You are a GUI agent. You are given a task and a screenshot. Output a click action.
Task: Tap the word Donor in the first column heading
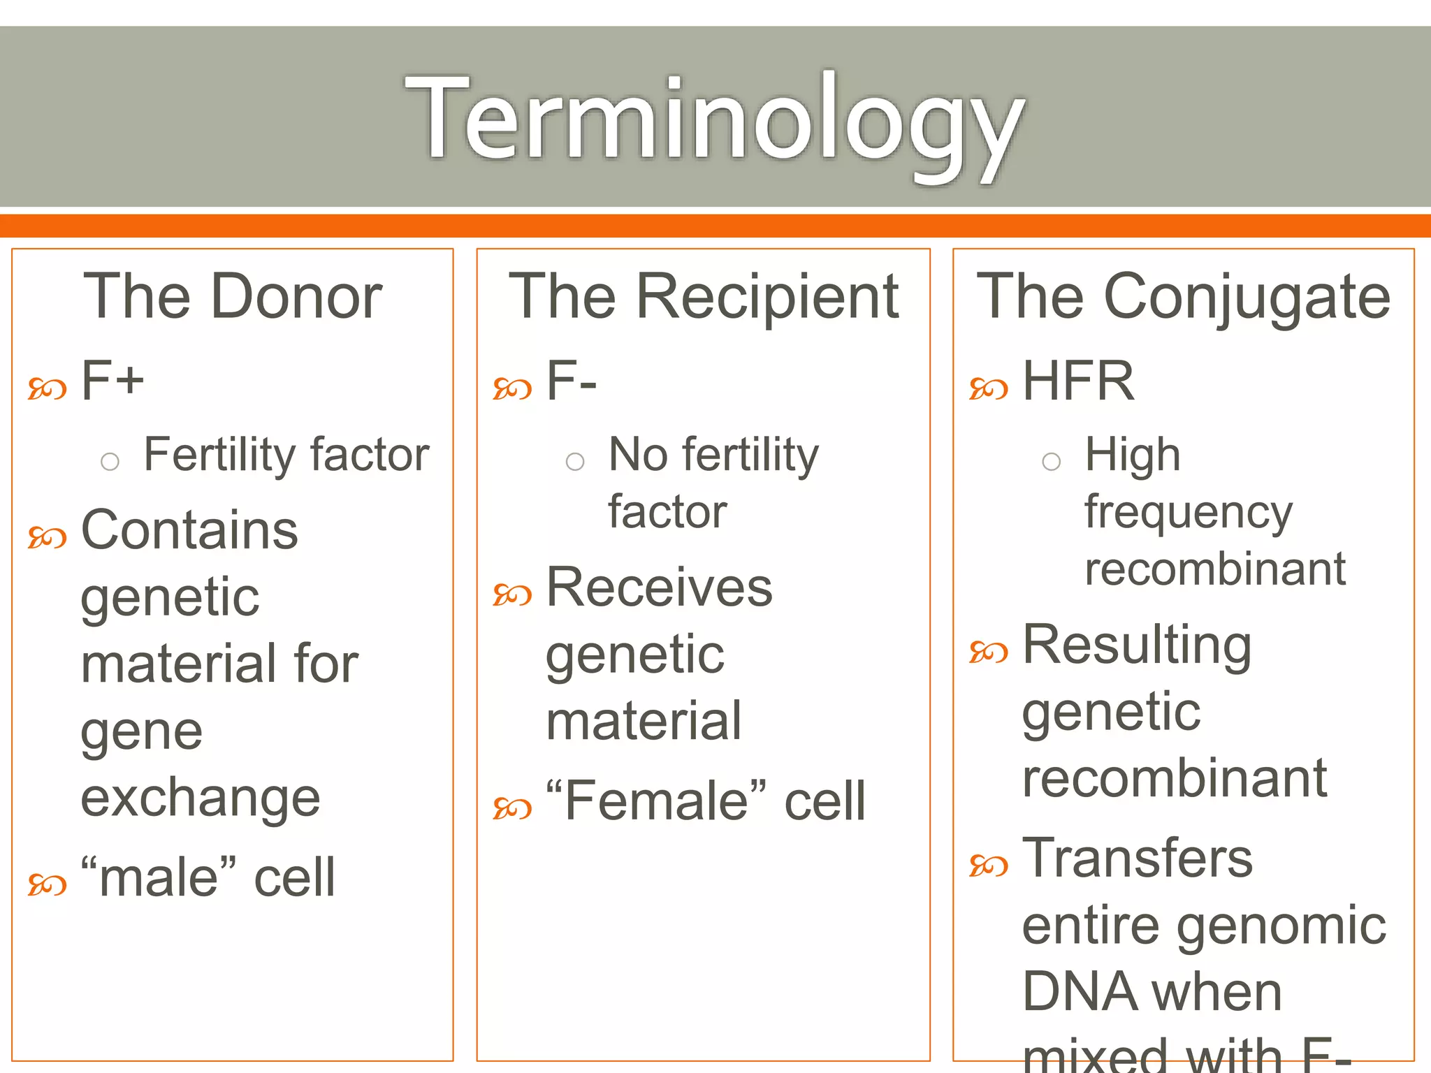pyautogui.click(x=296, y=297)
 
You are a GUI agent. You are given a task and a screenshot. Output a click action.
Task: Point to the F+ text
pyautogui.click(x=112, y=381)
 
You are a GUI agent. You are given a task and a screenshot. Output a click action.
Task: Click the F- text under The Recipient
pyautogui.click(x=571, y=381)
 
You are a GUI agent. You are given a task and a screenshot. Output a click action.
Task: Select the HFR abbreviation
pyautogui.click(x=1078, y=381)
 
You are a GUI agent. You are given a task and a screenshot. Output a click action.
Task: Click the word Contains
pyautogui.click(x=189, y=530)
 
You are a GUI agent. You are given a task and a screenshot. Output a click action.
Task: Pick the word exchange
pyautogui.click(x=201, y=798)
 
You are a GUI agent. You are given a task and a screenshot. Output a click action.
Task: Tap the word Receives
pyautogui.click(x=659, y=587)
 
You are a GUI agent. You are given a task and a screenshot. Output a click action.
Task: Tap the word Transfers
pyautogui.click(x=1137, y=858)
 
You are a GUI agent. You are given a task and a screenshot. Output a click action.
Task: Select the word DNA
pyautogui.click(x=1078, y=992)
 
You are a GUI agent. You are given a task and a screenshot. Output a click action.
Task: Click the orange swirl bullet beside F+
pyautogui.click(x=47, y=388)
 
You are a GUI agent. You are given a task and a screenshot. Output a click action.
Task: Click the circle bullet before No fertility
pyautogui.click(x=575, y=462)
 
